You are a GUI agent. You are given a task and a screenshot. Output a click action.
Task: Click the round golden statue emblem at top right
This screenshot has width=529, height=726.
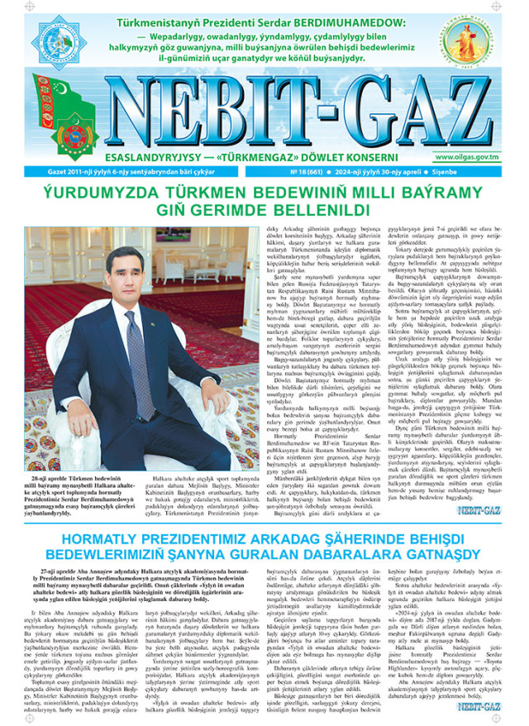coord(475,41)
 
